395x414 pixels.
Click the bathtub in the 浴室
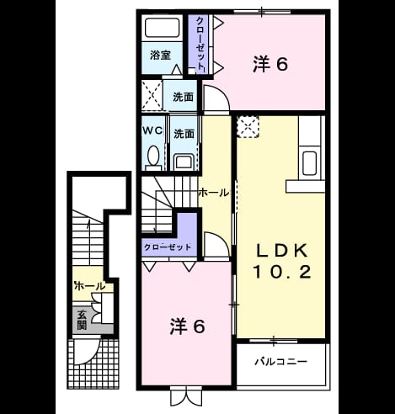pyautogui.click(x=163, y=28)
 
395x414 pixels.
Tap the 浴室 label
pyautogui.click(x=160, y=55)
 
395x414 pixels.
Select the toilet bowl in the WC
pyautogui.click(x=153, y=156)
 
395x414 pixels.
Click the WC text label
pyautogui.click(x=152, y=130)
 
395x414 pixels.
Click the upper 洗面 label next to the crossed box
pyautogui.click(x=183, y=97)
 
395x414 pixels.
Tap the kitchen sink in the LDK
pyautogui.click(x=309, y=163)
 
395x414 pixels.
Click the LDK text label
pyautogui.click(x=282, y=251)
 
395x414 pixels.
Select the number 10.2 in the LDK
pyautogui.click(x=282, y=272)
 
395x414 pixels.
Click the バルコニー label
pyautogui.click(x=280, y=361)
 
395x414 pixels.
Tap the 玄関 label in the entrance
pyautogui.click(x=82, y=320)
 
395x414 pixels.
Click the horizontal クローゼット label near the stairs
pyautogui.click(x=168, y=247)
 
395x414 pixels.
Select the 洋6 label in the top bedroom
pyautogui.click(x=270, y=64)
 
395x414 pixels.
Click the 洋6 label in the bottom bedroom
pyautogui.click(x=187, y=326)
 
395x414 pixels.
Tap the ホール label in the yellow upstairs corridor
pyautogui.click(x=214, y=193)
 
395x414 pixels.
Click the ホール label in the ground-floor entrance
pyautogui.click(x=90, y=286)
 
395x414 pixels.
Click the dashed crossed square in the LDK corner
pyautogui.click(x=248, y=126)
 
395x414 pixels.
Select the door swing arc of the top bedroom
pyautogui.click(x=222, y=93)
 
